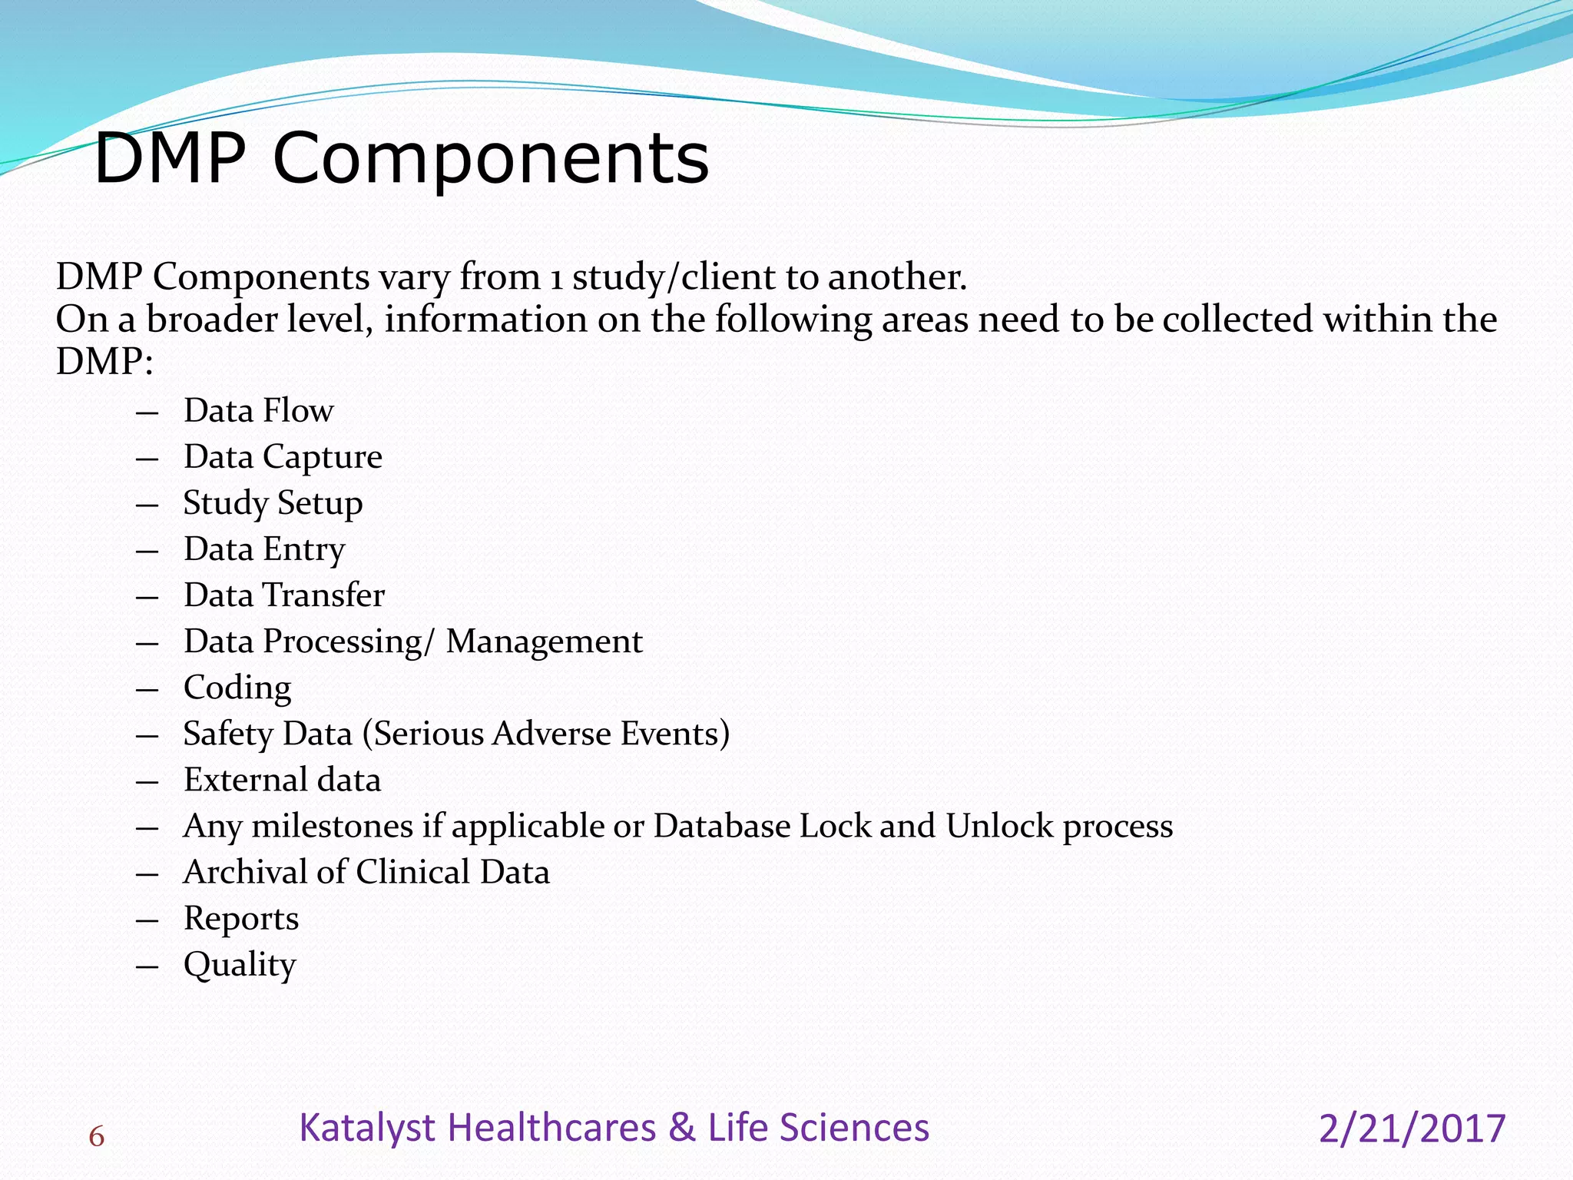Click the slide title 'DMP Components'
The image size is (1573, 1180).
[401, 158]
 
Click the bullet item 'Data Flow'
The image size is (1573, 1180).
[258, 410]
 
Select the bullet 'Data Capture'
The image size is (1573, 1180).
[283, 456]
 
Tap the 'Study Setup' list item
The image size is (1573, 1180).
[273, 503]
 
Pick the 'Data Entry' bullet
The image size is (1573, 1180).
[264, 549]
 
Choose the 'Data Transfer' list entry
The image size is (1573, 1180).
[283, 595]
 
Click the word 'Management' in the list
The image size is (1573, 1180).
[544, 641]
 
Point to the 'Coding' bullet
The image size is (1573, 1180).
[237, 688]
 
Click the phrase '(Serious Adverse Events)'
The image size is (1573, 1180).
[546, 734]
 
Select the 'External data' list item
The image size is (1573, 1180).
[282, 780]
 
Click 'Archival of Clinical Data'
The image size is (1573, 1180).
[366, 872]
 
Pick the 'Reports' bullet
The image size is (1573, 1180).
[241, 918]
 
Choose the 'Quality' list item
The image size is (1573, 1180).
[240, 965]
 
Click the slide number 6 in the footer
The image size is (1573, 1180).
[96, 1136]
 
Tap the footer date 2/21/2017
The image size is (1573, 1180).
[1412, 1129]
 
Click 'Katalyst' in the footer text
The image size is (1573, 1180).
[368, 1129]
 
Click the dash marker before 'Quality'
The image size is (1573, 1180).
[147, 966]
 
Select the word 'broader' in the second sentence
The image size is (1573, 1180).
[212, 319]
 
